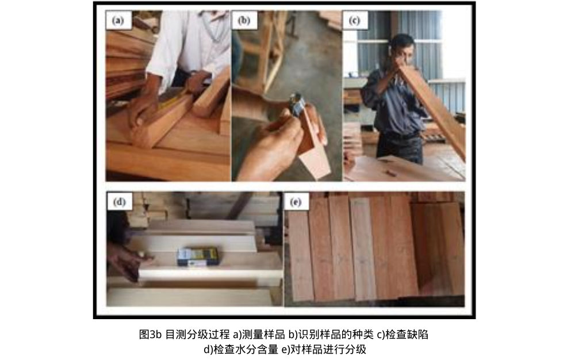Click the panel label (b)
[x=244, y=21]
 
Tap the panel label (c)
[x=355, y=21]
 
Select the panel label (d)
[x=120, y=202]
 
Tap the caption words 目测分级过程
[x=198, y=334]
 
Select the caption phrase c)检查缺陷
[x=404, y=334]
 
